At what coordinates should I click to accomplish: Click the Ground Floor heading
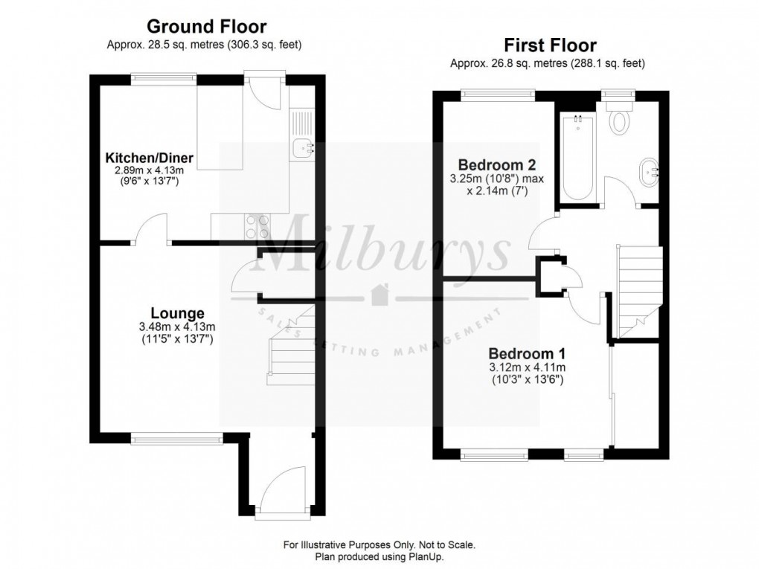[x=207, y=26]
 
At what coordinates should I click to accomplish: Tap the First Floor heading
[x=550, y=45]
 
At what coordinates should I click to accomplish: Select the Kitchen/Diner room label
[x=149, y=158]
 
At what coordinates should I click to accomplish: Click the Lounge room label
[x=177, y=314]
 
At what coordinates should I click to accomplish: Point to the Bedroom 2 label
[x=496, y=165]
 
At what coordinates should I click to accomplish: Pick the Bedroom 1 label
[x=527, y=354]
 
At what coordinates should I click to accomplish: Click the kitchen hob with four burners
[x=257, y=226]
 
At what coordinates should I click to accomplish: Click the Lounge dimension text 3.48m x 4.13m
[x=177, y=327]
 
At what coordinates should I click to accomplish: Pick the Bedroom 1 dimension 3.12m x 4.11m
[x=527, y=367]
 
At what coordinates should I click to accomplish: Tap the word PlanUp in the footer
[x=426, y=557]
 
